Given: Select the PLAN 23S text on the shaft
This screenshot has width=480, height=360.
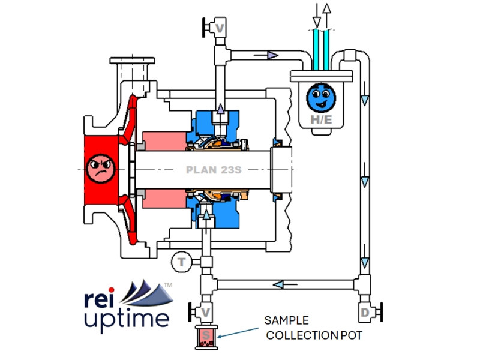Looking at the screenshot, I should point(213,169).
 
